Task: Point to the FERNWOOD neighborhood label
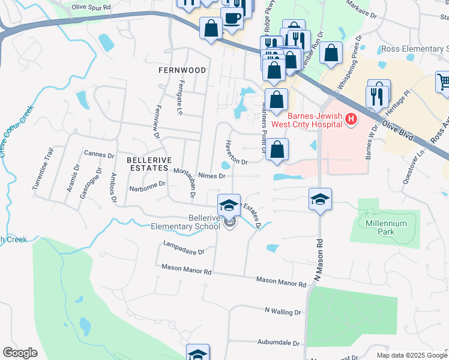click(x=182, y=70)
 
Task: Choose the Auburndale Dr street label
click(x=279, y=343)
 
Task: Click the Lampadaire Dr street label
click(x=184, y=248)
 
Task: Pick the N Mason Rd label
click(x=320, y=252)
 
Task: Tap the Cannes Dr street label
click(x=99, y=154)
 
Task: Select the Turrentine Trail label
click(x=41, y=175)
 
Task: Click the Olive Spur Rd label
click(x=91, y=7)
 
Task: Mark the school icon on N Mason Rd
click(x=321, y=199)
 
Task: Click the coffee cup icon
click(x=232, y=19)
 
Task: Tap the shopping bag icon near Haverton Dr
click(x=277, y=150)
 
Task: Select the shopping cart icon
click(x=444, y=82)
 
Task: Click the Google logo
click(x=20, y=353)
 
